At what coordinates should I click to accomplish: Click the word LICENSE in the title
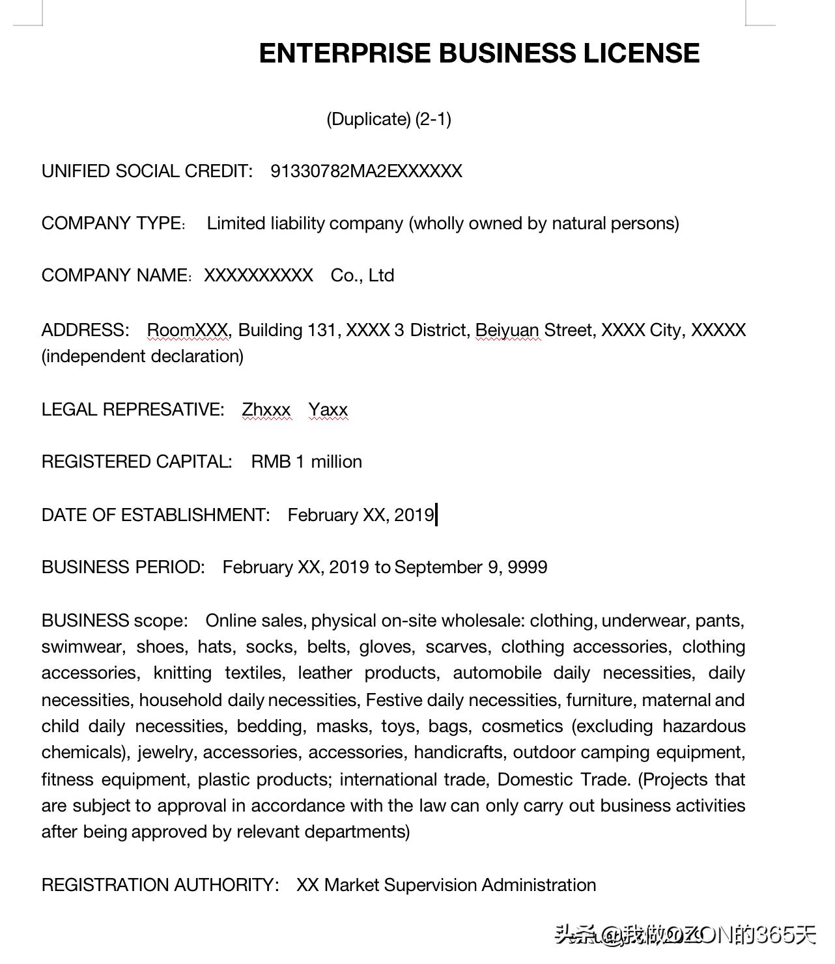641,53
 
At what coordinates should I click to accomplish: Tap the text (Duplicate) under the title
369,119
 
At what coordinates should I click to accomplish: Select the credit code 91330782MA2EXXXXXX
366,171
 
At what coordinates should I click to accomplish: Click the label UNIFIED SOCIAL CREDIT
147,171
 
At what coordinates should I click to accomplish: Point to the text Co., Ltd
362,276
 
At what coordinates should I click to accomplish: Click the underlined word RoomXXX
188,330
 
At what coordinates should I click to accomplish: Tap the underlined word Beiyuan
507,330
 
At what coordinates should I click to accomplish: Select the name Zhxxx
266,410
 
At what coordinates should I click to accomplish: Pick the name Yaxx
328,410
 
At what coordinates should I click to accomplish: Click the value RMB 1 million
306,462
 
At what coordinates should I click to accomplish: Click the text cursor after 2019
436,515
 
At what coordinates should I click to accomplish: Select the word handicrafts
459,752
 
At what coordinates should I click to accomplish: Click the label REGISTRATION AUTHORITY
160,885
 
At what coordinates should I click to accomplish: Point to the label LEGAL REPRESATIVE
132,410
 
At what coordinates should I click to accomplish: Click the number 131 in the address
321,330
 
